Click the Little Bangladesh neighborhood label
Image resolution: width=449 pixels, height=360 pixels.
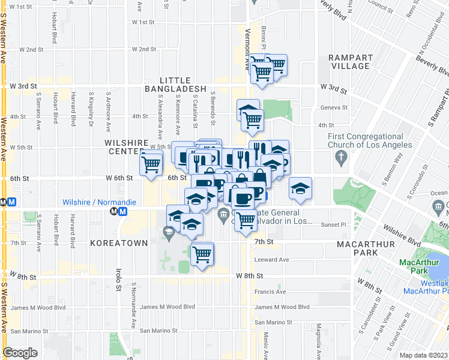point(175,85)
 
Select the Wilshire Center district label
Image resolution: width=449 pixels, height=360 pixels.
point(126,147)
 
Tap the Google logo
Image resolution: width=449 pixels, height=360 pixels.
point(20,353)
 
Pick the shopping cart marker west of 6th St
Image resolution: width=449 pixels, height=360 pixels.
point(151,163)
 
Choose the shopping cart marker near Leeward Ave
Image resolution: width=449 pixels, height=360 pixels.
point(202,254)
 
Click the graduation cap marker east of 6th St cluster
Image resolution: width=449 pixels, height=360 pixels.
point(300,188)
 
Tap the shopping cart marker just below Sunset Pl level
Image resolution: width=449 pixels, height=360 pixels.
point(245,220)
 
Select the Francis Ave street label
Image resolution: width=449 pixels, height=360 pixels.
point(270,292)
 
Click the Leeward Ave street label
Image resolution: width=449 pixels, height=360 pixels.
point(273,260)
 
